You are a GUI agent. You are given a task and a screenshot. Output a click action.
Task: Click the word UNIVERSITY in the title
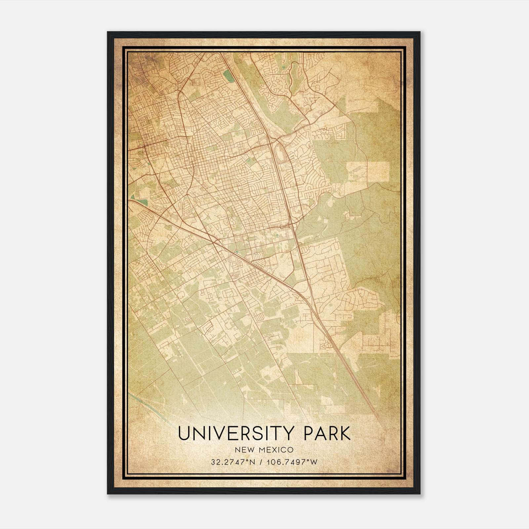pos(235,433)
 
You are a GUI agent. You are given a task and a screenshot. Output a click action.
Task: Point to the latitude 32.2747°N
pos(233,462)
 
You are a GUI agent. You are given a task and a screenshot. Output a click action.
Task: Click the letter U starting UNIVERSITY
pos(184,433)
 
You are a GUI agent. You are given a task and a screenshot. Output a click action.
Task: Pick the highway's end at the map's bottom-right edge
pos(385,429)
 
